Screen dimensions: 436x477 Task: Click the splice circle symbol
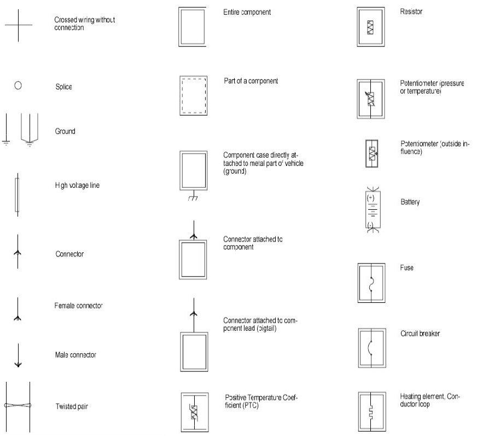(x=18, y=86)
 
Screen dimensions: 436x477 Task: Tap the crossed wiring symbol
(x=18, y=25)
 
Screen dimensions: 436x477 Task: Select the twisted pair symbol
(x=18, y=405)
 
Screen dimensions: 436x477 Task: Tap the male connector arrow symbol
(x=18, y=356)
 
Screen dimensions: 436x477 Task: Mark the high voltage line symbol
(x=18, y=194)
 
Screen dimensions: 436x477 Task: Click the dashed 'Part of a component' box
(x=193, y=95)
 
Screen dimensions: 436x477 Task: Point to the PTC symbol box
(x=194, y=411)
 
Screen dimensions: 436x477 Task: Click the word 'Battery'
(x=410, y=202)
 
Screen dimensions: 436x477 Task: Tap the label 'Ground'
(x=65, y=131)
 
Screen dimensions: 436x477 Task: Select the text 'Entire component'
(x=247, y=12)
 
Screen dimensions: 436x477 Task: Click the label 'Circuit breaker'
(x=420, y=333)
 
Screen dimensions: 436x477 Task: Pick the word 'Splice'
(x=63, y=87)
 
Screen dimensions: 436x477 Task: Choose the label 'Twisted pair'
(x=72, y=406)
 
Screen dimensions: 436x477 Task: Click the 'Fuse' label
(x=406, y=268)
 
